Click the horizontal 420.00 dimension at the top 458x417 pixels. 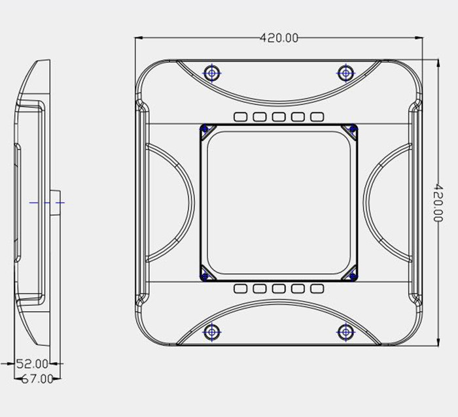[279, 38]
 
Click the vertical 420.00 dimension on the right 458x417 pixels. [438, 203]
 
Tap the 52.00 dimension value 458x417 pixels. [32, 364]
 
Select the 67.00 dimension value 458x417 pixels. [37, 379]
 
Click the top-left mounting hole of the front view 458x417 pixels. [212, 73]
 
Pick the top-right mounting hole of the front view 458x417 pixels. [346, 73]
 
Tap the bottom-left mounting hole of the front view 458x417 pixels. [212, 332]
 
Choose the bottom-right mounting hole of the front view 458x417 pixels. [346, 332]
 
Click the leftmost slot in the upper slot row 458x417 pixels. [240, 117]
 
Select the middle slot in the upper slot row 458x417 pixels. [279, 117]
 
